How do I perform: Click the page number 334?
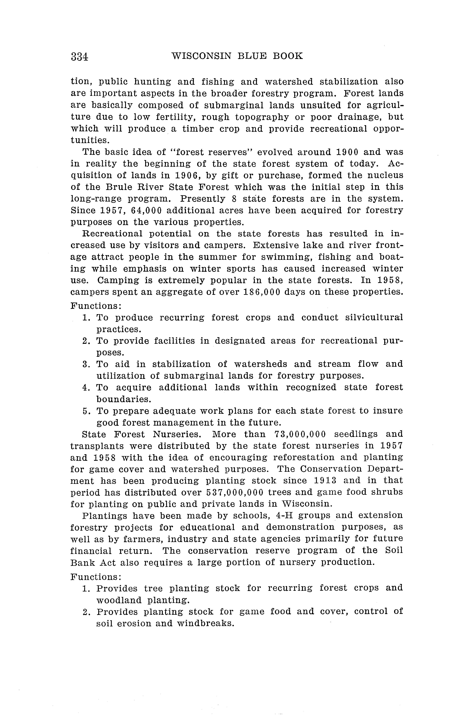click(x=79, y=56)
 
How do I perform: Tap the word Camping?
click(x=118, y=280)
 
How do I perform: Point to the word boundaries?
click(x=123, y=399)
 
